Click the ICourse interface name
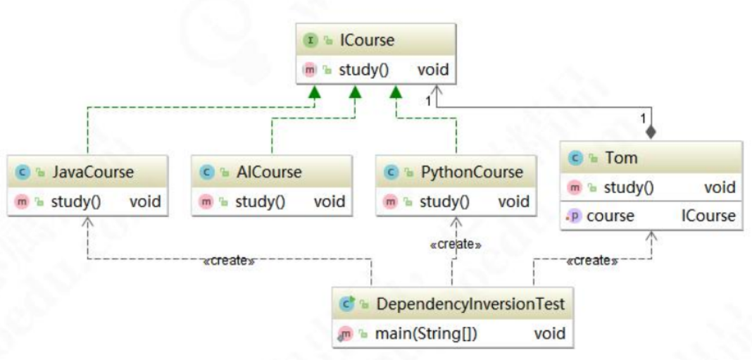tap(367, 40)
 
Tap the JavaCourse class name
tap(93, 171)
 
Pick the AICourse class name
tap(268, 171)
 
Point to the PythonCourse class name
tap(472, 171)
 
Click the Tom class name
tap(621, 157)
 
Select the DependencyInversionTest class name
tap(470, 304)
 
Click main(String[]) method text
tap(427, 334)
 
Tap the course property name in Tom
tap(610, 216)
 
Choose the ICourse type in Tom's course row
tap(708, 216)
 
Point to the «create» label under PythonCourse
tap(456, 244)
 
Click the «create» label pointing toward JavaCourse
tap(229, 261)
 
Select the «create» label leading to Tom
tap(592, 261)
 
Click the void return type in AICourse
tap(329, 201)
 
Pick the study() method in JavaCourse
tap(76, 201)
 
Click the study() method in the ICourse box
tap(364, 70)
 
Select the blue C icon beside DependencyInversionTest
tap(346, 304)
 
